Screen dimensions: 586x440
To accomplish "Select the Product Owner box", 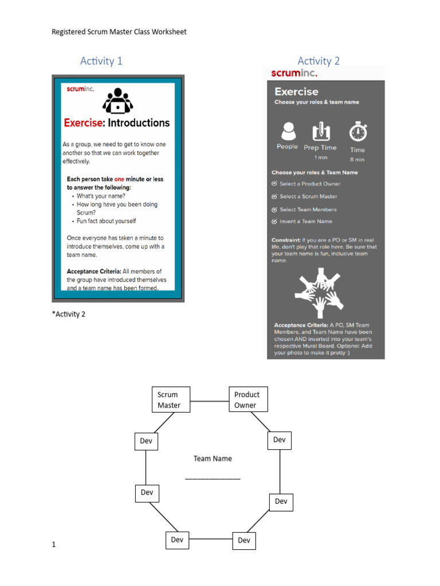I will click(x=247, y=400).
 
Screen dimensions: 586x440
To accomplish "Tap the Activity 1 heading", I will click(x=101, y=61).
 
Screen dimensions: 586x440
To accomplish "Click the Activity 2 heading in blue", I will click(x=319, y=61).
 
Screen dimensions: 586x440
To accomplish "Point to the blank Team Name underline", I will click(x=213, y=478).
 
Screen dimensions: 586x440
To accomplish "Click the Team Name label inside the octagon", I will click(x=213, y=458).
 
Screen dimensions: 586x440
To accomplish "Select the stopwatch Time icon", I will click(x=358, y=132).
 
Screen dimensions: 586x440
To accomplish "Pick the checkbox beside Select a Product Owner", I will click(x=274, y=184).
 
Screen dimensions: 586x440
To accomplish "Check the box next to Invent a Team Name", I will click(x=274, y=221).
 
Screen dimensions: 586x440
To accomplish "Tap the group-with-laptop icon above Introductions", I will click(x=117, y=100).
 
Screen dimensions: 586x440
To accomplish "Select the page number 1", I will click(x=54, y=545).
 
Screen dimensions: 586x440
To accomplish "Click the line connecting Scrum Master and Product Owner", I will click(x=210, y=401).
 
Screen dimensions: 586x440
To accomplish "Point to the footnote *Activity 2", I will click(x=68, y=314).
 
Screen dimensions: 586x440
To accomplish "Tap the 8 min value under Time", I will click(x=357, y=160).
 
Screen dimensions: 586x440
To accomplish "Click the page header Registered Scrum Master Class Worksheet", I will click(x=119, y=31).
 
